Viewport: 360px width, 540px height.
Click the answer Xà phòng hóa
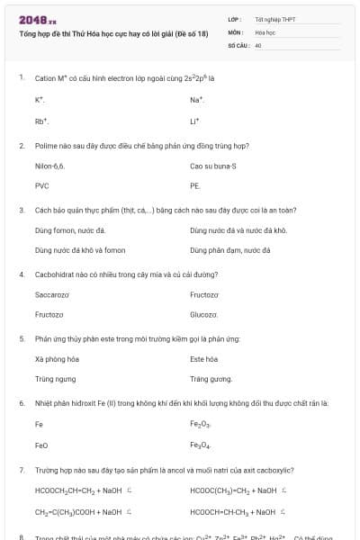coord(52,359)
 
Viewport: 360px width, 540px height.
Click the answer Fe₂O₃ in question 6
coord(200,424)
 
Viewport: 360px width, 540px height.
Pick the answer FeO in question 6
coord(41,445)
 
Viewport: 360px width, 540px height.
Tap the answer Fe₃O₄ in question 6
coord(200,445)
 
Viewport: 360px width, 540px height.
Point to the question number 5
coord(21,339)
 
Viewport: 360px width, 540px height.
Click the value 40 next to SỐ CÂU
coord(258,44)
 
